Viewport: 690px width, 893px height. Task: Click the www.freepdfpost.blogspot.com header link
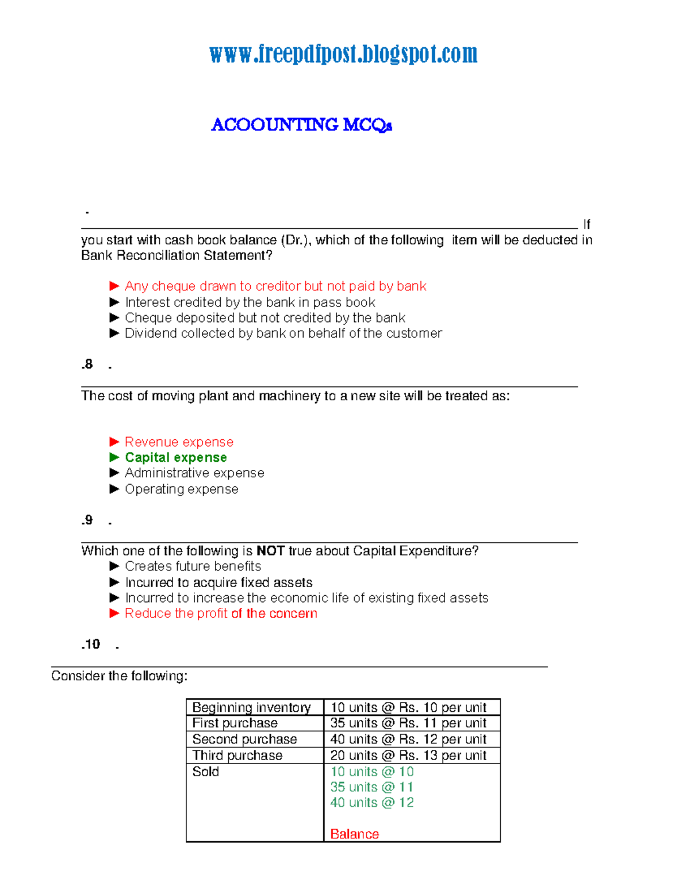pyautogui.click(x=343, y=54)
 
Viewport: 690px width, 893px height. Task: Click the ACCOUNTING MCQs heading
pyautogui.click(x=301, y=125)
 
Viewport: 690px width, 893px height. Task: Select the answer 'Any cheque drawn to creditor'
pyautogui.click(x=275, y=286)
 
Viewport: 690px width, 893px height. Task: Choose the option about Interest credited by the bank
pyautogui.click(x=250, y=302)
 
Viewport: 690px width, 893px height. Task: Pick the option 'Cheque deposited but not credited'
pyautogui.click(x=264, y=318)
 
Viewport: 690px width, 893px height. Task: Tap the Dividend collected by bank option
pyautogui.click(x=283, y=334)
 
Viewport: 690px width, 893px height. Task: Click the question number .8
pyautogui.click(x=87, y=365)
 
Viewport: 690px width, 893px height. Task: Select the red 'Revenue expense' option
pyautogui.click(x=179, y=442)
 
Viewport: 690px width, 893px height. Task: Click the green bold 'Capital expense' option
pyautogui.click(x=175, y=458)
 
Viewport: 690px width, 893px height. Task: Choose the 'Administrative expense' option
pyautogui.click(x=194, y=473)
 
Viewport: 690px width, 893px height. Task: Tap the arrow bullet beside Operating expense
pyautogui.click(x=114, y=489)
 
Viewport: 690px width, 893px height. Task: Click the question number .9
pyautogui.click(x=87, y=520)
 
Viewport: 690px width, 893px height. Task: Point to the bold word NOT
pyautogui.click(x=270, y=551)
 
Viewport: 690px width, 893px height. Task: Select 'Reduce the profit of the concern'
pyautogui.click(x=221, y=614)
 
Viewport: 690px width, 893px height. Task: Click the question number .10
pyautogui.click(x=91, y=645)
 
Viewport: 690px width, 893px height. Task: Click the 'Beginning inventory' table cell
pyautogui.click(x=251, y=707)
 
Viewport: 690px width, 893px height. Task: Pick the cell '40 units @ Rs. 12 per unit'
pyautogui.click(x=408, y=739)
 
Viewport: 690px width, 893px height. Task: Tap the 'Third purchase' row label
pyautogui.click(x=237, y=755)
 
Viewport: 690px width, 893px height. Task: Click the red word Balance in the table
pyautogui.click(x=354, y=834)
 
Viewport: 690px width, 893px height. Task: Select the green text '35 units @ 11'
pyautogui.click(x=371, y=787)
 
